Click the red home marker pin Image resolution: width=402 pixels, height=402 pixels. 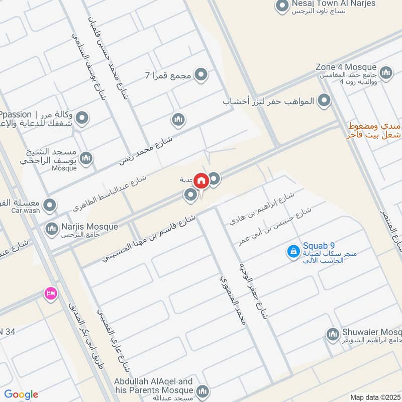(x=202, y=180)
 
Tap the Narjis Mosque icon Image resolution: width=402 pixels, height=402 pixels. (x=51, y=229)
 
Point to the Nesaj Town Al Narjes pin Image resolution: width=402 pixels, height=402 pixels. (x=280, y=7)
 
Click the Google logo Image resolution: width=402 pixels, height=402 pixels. (x=21, y=394)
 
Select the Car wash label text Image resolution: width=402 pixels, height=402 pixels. (x=25, y=211)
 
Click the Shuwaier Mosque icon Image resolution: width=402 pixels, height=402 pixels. (x=332, y=334)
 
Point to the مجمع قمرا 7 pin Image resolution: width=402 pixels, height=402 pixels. (x=201, y=75)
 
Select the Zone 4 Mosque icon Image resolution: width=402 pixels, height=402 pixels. (x=386, y=73)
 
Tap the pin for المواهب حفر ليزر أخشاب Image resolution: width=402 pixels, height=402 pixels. (x=325, y=101)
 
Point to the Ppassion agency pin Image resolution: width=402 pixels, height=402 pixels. (x=83, y=119)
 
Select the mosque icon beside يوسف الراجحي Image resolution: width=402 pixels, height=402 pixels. (x=86, y=158)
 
